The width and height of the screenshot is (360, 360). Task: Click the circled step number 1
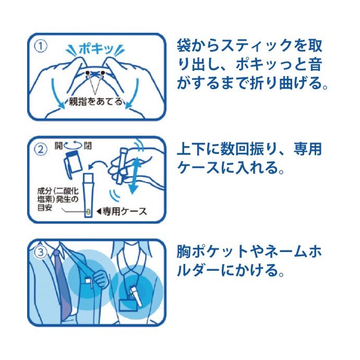(42, 46)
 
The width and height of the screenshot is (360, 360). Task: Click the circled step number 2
(42, 149)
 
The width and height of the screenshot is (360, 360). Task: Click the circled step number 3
(42, 252)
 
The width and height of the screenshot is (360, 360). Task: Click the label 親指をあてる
(96, 101)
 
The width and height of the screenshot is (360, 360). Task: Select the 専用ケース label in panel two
(126, 211)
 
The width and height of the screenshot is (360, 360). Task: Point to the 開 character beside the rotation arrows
(59, 146)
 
